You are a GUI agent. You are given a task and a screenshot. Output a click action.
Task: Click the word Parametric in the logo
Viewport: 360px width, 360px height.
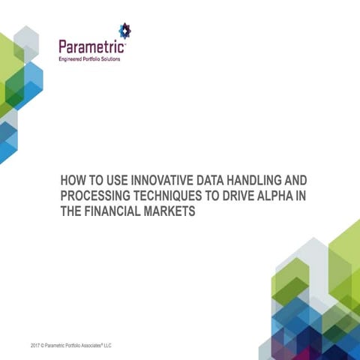tap(92, 47)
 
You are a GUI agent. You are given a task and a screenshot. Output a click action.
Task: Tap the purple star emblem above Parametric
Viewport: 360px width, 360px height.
tap(124, 31)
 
